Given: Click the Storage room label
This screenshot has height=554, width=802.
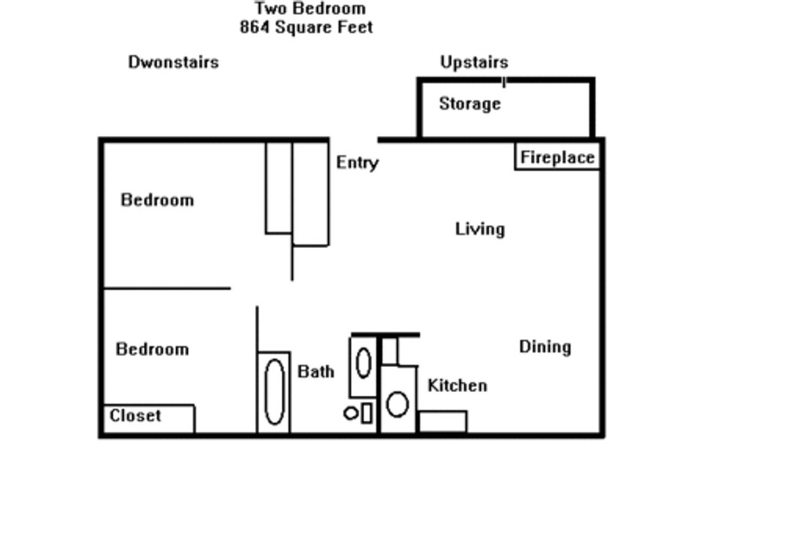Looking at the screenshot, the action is click(470, 104).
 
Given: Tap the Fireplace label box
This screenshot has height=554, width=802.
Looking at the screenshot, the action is click(557, 157).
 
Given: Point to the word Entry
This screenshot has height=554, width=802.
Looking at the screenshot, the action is click(357, 163).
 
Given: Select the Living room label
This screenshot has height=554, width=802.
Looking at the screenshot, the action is click(480, 229).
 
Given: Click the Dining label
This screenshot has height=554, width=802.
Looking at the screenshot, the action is click(545, 347).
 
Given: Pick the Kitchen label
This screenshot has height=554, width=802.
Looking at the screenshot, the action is click(457, 385).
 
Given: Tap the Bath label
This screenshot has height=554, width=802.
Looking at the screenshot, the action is click(316, 372).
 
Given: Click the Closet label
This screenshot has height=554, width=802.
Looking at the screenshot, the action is click(135, 415).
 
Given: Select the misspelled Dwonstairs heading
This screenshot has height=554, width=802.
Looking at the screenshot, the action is click(173, 63).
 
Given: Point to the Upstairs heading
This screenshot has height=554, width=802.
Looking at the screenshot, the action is click(474, 63).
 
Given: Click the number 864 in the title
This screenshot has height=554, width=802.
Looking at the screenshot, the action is click(255, 27).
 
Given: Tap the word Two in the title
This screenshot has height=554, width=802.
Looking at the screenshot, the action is click(269, 8).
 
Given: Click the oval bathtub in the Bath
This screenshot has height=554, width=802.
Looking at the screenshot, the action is click(275, 392).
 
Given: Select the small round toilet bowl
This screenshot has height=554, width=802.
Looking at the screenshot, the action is click(352, 413).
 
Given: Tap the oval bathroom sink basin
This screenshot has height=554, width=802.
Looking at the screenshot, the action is click(363, 363).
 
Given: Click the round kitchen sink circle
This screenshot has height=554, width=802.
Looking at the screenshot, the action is click(397, 405).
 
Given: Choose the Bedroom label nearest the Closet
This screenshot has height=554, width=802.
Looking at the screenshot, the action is click(153, 350).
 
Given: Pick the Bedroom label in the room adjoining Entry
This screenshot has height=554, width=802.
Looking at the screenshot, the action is click(157, 200).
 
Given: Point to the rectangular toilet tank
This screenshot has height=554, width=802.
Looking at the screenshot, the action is click(367, 413).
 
